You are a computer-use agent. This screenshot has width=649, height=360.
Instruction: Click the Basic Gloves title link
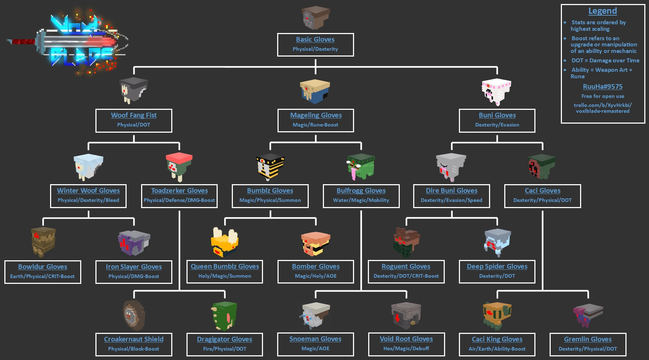315,40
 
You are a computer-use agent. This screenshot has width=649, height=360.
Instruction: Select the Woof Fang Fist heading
134,115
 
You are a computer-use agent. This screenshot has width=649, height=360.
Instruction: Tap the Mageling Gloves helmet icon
315,91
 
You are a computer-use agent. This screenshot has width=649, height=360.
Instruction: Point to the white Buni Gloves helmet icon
496,92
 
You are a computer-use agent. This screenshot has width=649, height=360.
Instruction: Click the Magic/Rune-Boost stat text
316,125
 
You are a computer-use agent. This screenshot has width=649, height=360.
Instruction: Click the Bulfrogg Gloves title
361,191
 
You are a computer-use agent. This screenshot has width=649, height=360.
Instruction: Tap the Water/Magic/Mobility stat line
361,200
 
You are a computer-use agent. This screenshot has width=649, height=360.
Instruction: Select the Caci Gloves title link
543,191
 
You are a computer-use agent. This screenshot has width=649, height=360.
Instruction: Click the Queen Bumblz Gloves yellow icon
225,242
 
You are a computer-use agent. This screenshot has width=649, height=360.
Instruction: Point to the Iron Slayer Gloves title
134,267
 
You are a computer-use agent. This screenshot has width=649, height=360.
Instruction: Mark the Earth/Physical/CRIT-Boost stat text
42,276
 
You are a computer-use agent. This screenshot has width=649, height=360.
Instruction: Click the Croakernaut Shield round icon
134,315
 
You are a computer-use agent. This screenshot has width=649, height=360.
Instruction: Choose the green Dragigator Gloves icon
224,315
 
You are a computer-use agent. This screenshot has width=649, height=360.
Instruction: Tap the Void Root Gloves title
406,339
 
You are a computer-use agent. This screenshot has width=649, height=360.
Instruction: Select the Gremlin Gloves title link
588,339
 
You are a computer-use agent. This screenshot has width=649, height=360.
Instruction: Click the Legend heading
603,11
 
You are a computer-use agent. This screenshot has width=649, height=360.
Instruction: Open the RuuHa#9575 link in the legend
603,87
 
